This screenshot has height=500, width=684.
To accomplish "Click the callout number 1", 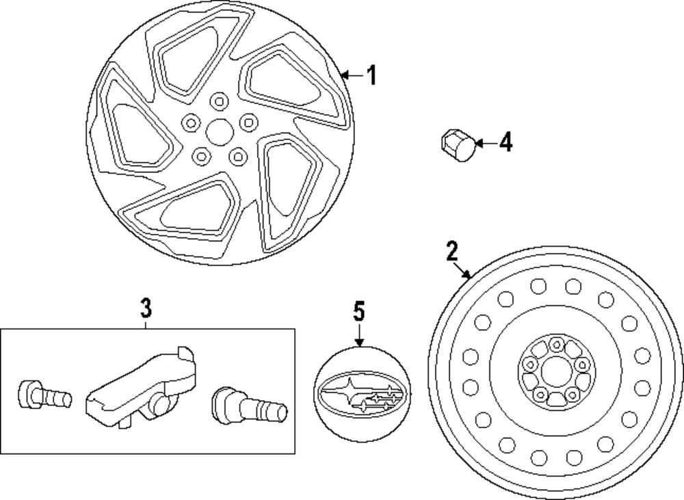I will point(371,75).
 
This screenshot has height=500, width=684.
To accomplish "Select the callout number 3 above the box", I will point(146,308).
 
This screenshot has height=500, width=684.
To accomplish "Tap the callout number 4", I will point(505,143).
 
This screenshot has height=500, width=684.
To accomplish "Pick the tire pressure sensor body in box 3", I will point(140,386).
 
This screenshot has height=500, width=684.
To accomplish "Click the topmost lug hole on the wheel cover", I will point(220,102).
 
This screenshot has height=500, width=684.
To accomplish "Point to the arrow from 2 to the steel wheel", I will point(463,269).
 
